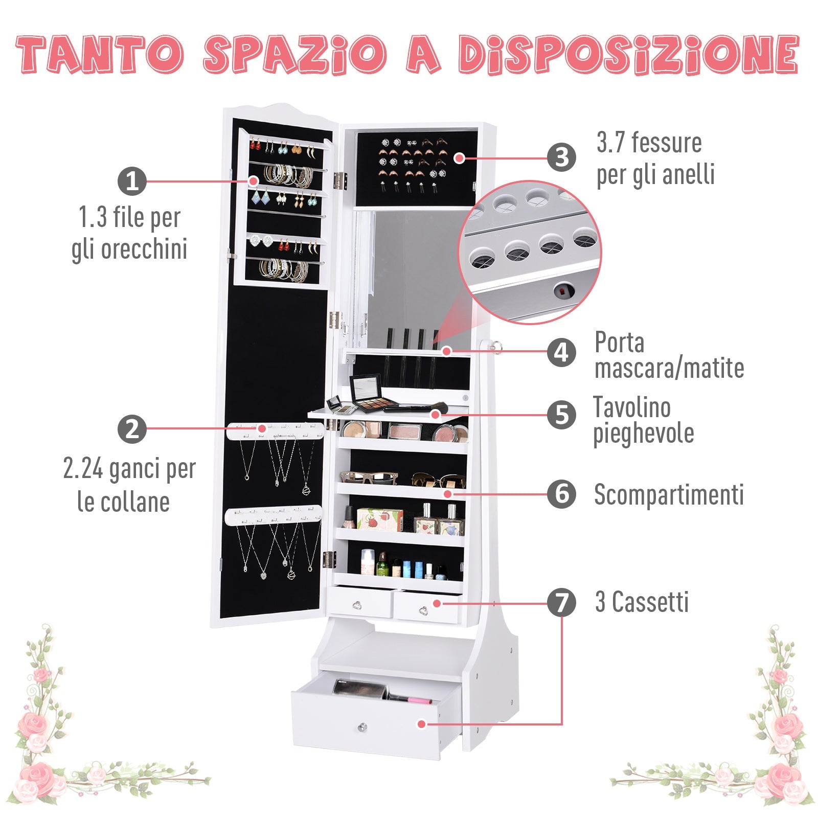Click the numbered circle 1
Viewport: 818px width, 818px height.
click(x=132, y=181)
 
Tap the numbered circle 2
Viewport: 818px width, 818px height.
click(x=132, y=428)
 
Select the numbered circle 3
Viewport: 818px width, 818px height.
click(x=561, y=157)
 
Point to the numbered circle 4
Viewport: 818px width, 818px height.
click(x=561, y=352)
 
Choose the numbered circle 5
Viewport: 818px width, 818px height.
click(x=561, y=414)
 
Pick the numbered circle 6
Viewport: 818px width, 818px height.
click(x=561, y=494)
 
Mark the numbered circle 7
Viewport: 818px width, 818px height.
click(x=561, y=602)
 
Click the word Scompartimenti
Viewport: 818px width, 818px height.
click(x=669, y=495)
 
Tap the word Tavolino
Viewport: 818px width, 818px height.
click(x=632, y=408)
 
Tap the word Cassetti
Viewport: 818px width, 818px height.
click(x=650, y=602)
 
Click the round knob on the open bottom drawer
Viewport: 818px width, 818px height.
click(x=362, y=726)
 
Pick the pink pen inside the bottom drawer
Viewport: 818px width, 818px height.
click(x=409, y=698)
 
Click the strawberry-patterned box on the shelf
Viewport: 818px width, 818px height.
click(x=379, y=519)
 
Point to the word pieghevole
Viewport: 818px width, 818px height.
click(x=643, y=434)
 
